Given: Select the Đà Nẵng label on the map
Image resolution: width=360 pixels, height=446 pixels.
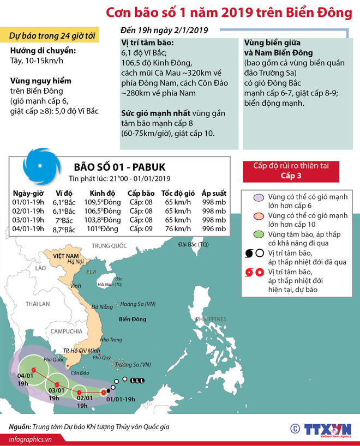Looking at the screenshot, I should [x=102, y=306].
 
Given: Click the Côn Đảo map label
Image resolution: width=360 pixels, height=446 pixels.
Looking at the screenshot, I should [x=80, y=373].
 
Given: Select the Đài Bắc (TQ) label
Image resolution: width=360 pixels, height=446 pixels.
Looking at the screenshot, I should [x=194, y=244].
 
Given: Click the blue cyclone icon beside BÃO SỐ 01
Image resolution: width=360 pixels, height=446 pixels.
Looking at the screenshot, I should [x=39, y=167].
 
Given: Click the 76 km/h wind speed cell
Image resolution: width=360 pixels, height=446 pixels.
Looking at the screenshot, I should [x=178, y=228].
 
